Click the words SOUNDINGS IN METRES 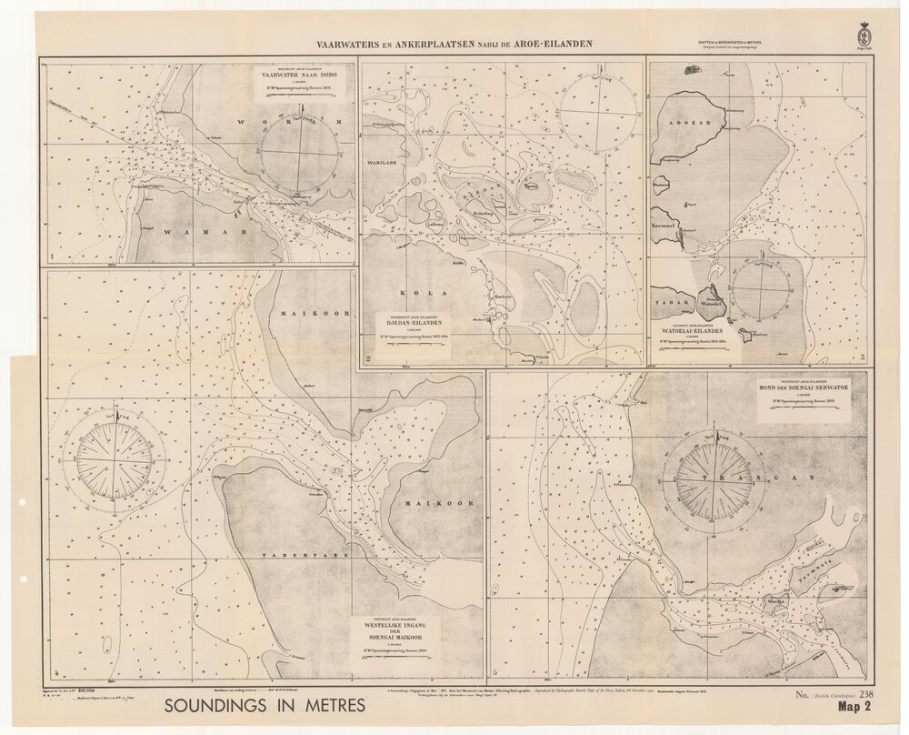265,705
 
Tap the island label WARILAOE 385,163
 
